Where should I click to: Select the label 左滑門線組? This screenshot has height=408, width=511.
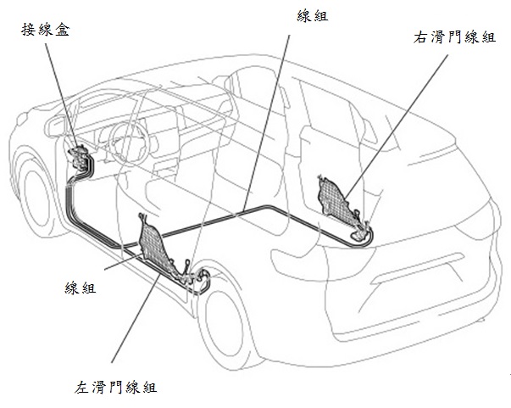tap(115, 388)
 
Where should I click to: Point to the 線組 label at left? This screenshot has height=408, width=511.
tap(78, 288)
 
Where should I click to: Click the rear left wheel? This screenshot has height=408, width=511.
tap(227, 318)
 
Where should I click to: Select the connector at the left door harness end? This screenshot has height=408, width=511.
tap(201, 277)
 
